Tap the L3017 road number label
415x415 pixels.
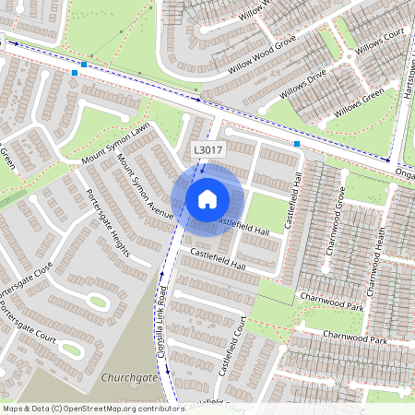point(208,149)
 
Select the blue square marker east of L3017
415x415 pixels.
point(297,144)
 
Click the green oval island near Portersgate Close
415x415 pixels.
point(98,301)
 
